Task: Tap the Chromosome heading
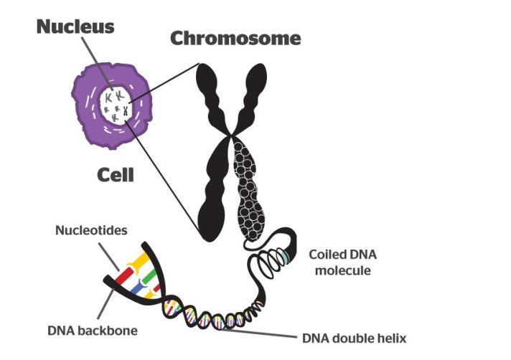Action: [235, 38]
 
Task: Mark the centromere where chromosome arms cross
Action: [230, 134]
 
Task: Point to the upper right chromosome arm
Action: [253, 93]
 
